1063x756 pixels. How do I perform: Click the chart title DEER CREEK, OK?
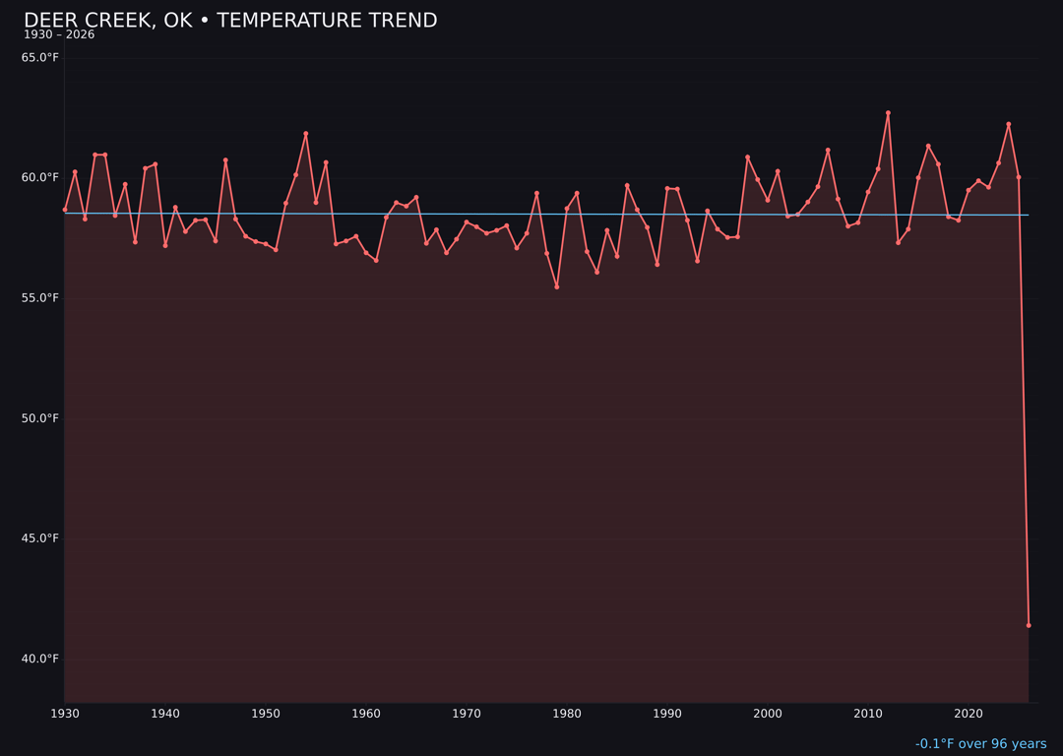[230, 21]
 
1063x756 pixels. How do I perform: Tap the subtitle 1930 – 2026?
[59, 35]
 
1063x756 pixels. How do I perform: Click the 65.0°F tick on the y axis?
[40, 58]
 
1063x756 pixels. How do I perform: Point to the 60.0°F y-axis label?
[40, 178]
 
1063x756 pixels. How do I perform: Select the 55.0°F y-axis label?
[40, 298]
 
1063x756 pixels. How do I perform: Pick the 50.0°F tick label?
[40, 418]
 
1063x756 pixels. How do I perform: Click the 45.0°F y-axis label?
[40, 538]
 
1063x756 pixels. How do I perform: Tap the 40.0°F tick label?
[40, 659]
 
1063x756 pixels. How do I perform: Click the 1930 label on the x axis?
[64, 714]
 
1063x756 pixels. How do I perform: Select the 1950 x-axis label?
[266, 714]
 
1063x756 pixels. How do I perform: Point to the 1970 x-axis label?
[467, 714]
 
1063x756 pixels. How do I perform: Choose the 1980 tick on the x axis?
[567, 714]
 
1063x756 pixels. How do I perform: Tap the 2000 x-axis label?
[768, 714]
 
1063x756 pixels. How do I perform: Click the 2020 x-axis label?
[969, 714]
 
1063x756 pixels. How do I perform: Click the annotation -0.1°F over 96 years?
[980, 744]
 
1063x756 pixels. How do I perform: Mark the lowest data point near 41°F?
[1029, 625]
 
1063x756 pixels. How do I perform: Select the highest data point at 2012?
[888, 113]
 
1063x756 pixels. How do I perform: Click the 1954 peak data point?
[306, 134]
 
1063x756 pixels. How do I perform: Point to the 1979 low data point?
[557, 287]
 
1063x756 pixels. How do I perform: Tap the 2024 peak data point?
[1009, 124]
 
